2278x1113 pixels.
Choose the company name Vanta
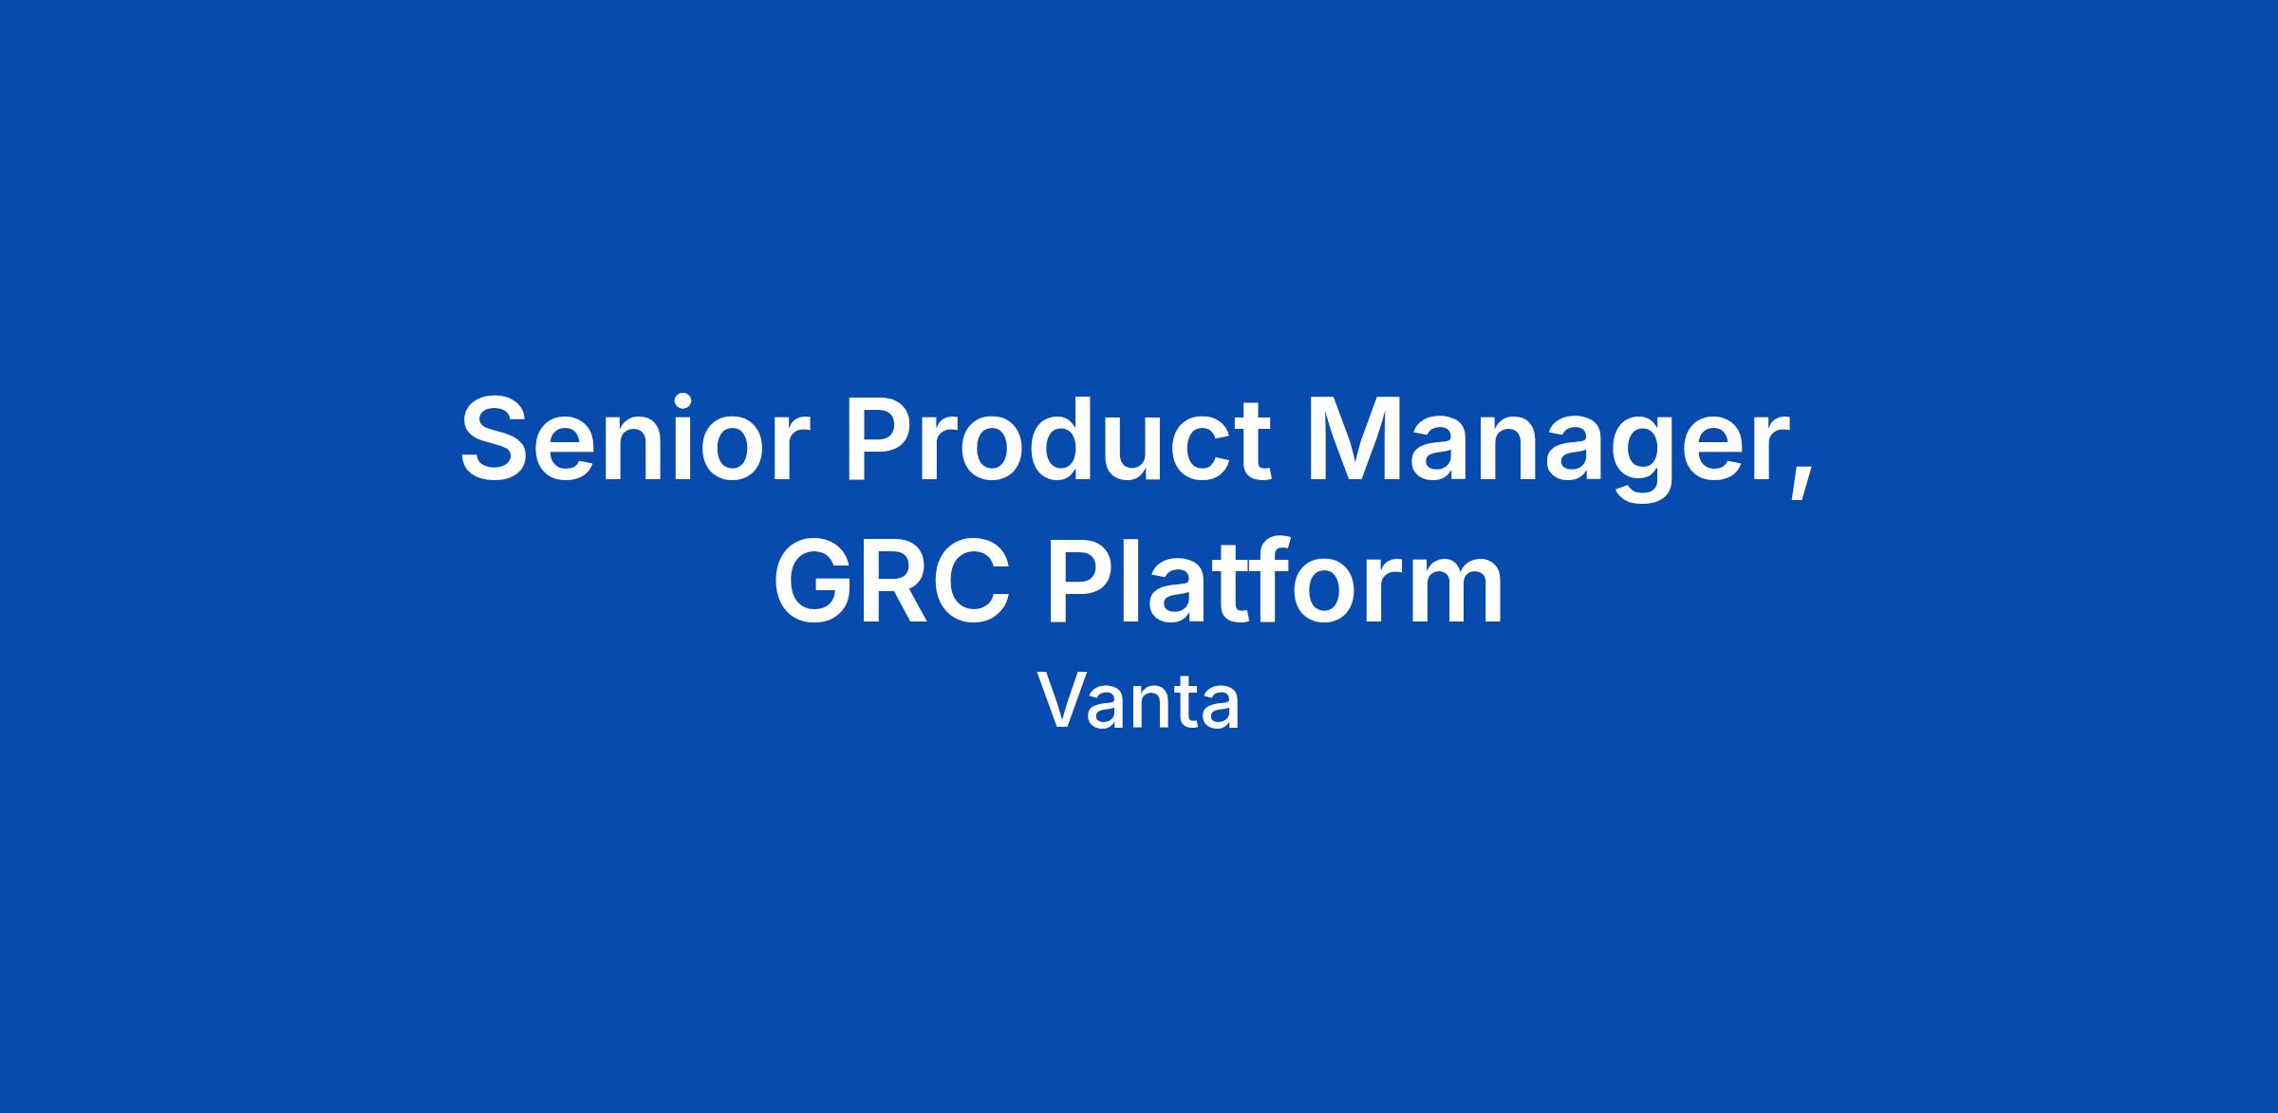coord(1138,701)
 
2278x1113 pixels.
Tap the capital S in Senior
coord(498,438)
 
